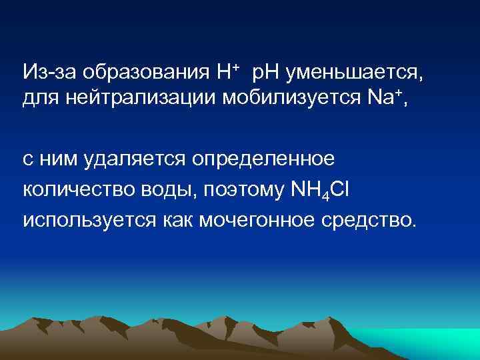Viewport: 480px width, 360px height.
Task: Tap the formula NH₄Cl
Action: (321, 190)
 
